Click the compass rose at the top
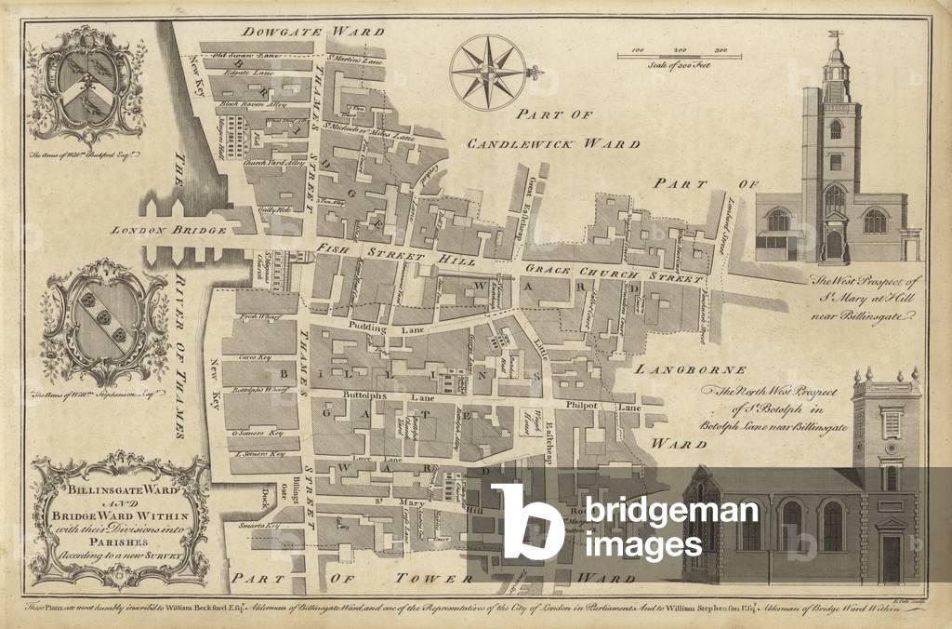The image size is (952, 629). pyautogui.click(x=486, y=72)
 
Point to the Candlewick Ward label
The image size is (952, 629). pyautogui.click(x=553, y=144)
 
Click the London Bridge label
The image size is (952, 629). pyautogui.click(x=169, y=230)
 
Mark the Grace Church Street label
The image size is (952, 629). pyautogui.click(x=614, y=276)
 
